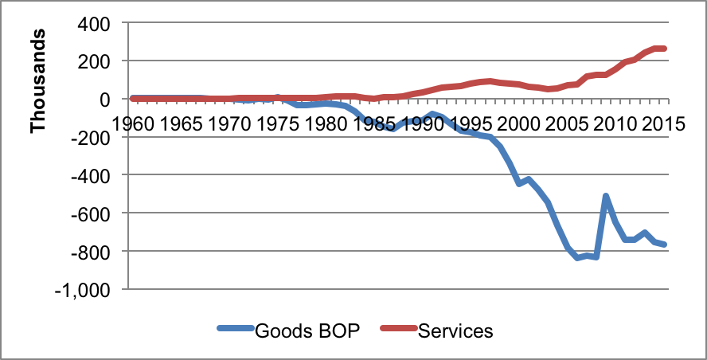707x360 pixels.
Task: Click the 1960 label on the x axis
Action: click(x=134, y=124)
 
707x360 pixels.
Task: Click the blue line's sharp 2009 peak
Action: click(x=606, y=196)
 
